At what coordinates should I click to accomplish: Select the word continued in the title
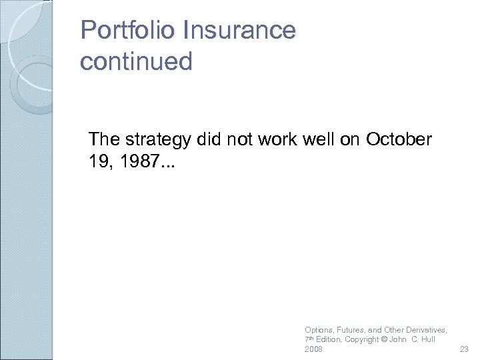click(x=136, y=62)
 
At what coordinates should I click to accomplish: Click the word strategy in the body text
click(x=160, y=140)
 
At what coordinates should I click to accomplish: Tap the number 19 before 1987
click(x=99, y=161)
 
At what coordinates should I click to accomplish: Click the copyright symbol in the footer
click(x=383, y=340)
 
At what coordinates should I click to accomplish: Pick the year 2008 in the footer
click(x=313, y=349)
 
